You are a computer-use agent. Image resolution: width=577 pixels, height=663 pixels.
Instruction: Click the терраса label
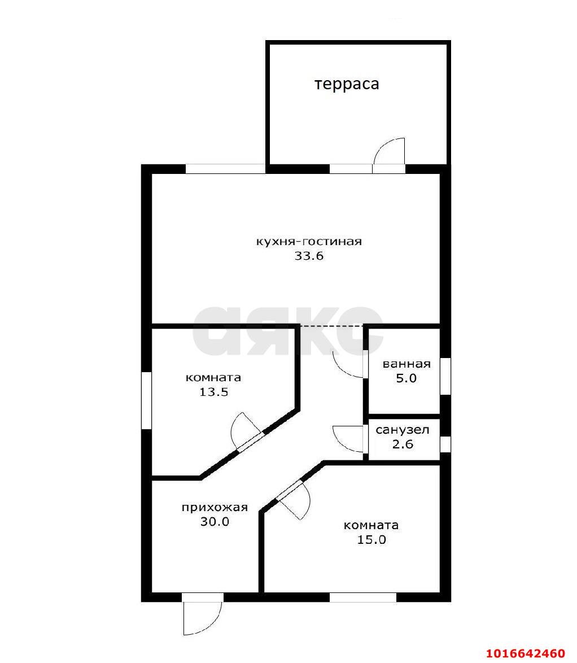tap(347, 84)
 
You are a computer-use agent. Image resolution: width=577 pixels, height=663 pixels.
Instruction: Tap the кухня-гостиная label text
tap(309, 242)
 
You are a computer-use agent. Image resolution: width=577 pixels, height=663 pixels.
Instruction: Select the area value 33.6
tap(309, 256)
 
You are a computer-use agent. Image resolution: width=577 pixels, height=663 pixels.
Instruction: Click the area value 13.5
tap(214, 392)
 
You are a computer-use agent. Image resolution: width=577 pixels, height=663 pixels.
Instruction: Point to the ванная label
tap(406, 364)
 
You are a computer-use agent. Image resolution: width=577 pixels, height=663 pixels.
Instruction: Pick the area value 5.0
tap(406, 378)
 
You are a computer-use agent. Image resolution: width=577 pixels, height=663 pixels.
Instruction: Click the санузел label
tap(403, 430)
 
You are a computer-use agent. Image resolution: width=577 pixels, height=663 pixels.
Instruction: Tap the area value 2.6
tap(403, 444)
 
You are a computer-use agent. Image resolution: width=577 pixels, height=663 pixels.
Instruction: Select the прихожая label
tap(215, 507)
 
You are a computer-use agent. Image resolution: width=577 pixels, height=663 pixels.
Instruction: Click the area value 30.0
tap(215, 522)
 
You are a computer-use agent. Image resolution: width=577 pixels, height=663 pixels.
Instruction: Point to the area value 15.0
tap(371, 540)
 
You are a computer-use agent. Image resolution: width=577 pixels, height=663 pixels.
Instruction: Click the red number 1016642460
tap(526, 653)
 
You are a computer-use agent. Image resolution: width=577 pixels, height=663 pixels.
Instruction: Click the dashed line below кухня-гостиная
tap(331, 326)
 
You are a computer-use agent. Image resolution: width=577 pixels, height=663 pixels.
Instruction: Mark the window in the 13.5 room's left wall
tap(146, 400)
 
